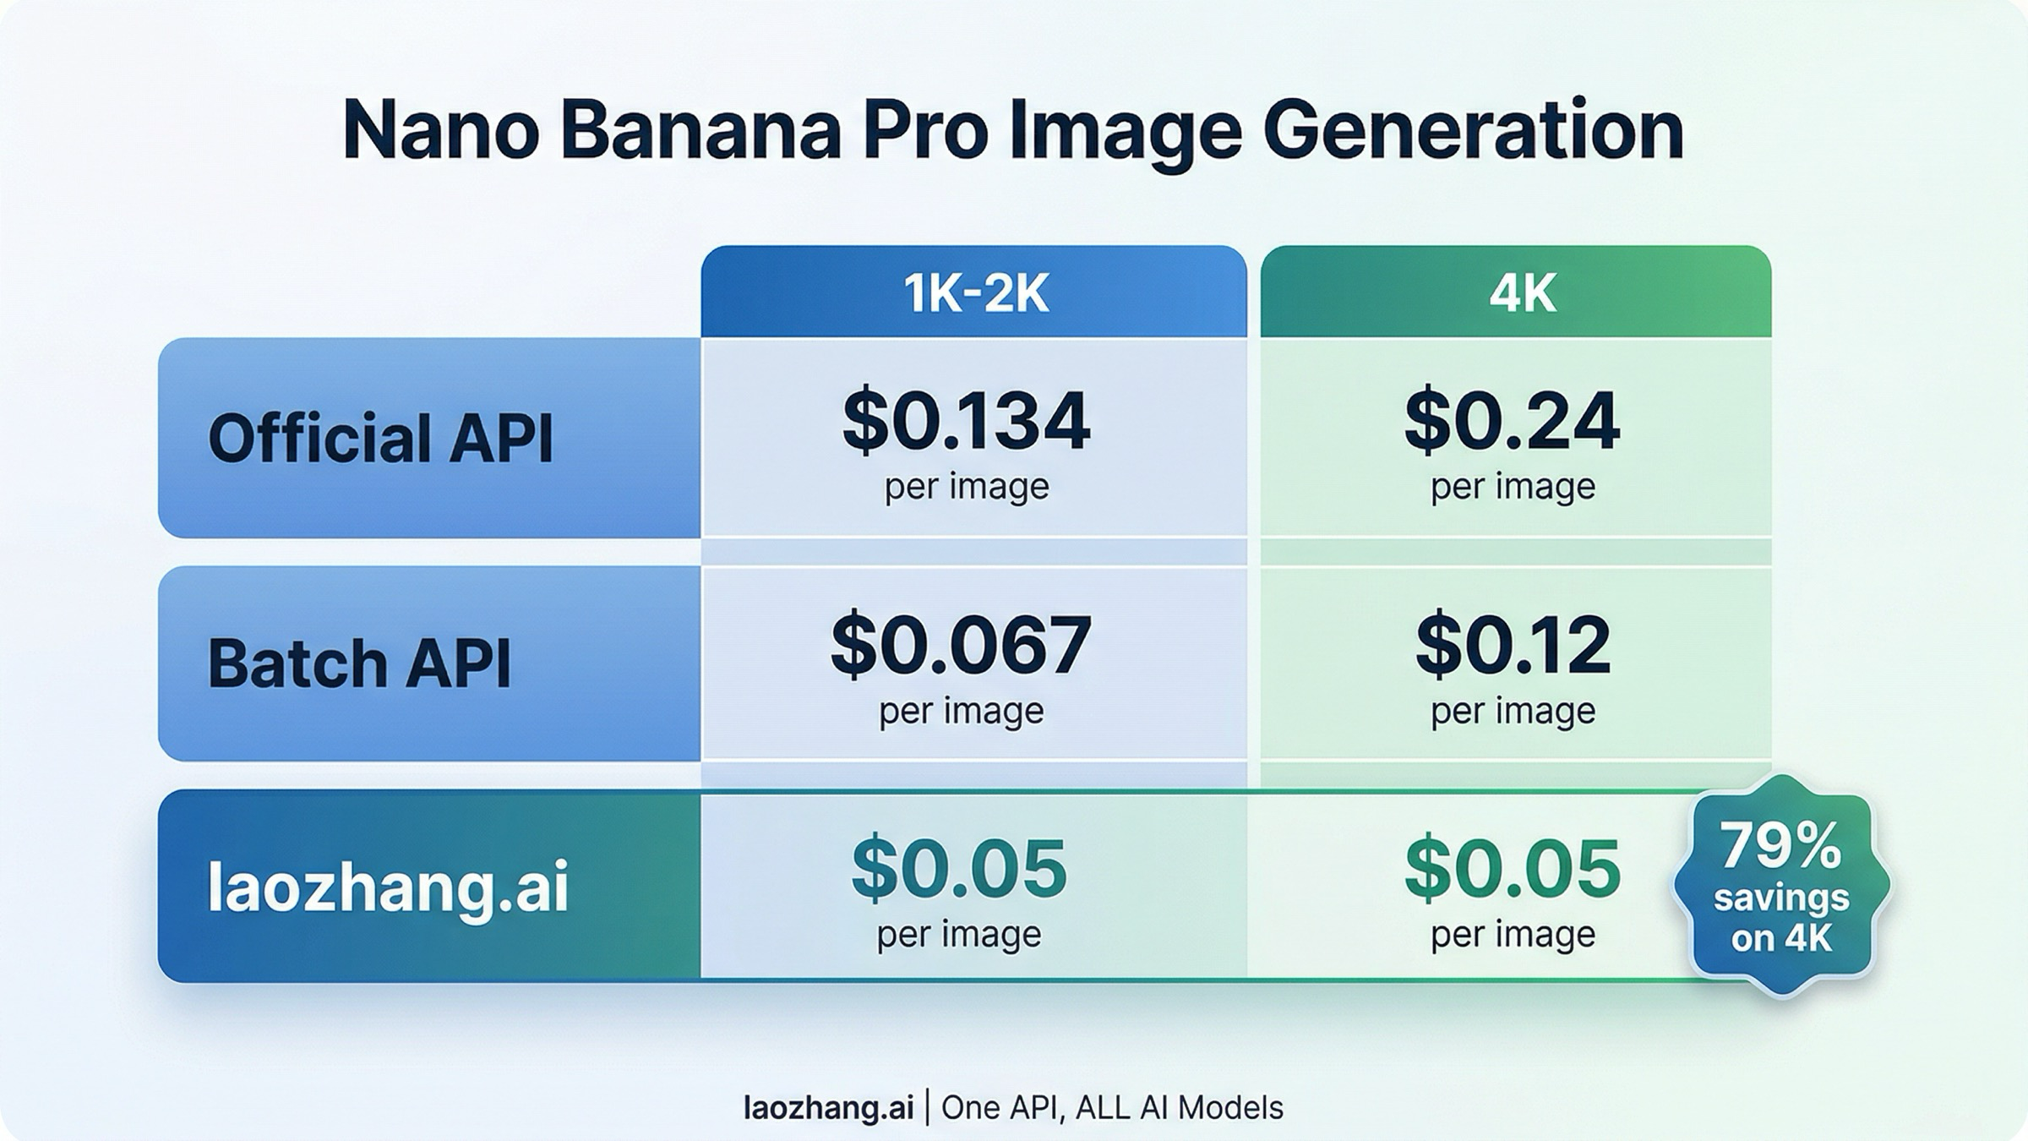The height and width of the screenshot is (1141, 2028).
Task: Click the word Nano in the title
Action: (x=440, y=131)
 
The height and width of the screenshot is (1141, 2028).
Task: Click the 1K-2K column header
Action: (x=976, y=294)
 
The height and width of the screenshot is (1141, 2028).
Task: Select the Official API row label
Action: (x=380, y=439)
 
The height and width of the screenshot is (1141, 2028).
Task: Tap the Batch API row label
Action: (x=359, y=663)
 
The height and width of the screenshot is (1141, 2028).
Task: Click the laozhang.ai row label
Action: (x=388, y=887)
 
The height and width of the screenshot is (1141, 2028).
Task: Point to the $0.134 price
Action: (x=966, y=421)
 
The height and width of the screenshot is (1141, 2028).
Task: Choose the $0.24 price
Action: (x=1512, y=421)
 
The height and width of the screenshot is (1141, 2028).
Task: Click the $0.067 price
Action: (x=961, y=646)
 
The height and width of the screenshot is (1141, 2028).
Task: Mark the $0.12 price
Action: (x=1513, y=646)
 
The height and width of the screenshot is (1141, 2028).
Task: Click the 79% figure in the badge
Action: (x=1780, y=846)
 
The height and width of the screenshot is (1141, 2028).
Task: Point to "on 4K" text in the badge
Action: (x=1781, y=939)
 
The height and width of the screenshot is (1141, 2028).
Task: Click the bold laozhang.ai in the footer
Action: (x=828, y=1107)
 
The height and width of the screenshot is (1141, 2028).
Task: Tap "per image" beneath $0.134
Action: (x=967, y=487)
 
